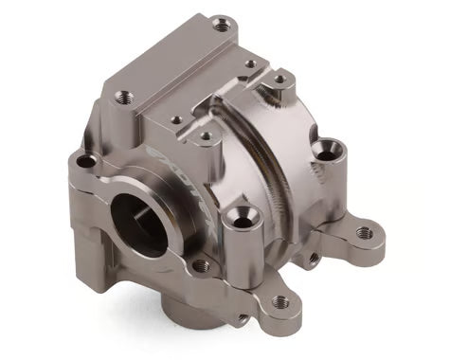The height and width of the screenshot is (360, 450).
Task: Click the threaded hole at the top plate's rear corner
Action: coord(221,23)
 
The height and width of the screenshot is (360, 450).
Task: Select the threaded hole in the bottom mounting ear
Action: coord(280,302)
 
